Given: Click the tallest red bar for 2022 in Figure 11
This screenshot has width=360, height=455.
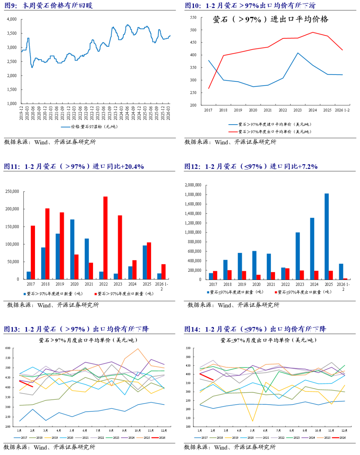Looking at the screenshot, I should pos(105,237).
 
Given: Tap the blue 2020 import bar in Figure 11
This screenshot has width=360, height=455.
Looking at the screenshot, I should pos(72,249).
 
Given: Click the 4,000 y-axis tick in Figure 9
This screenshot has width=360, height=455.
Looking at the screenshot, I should pos(12,19).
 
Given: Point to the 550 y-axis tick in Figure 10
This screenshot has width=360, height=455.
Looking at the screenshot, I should pos(193,17).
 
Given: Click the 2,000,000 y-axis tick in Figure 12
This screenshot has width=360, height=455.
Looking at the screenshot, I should pos(193,185).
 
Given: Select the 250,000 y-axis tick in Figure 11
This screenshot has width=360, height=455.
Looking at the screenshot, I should pos(12,192).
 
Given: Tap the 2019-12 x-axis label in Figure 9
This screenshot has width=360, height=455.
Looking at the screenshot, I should pos(21,113).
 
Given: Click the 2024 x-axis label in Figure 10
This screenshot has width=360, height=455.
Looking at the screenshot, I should pos(312,110).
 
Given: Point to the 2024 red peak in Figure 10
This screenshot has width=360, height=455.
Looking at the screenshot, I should pos(313,32).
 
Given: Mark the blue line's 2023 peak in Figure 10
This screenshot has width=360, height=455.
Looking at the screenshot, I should pos(298,53).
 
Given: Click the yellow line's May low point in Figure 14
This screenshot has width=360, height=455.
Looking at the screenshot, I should pos(252,421).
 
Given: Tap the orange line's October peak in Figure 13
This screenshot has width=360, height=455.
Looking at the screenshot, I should pos(138,349).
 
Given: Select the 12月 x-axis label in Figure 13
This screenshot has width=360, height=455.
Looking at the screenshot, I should pos(164,431).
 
